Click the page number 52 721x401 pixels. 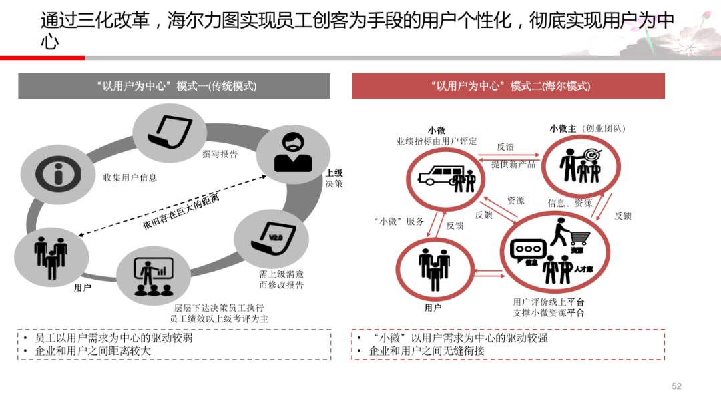[676, 386]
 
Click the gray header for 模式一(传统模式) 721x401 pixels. [174, 86]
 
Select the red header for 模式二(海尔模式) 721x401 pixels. [508, 86]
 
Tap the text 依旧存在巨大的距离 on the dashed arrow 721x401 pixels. [181, 212]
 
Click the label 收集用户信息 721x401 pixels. [130, 178]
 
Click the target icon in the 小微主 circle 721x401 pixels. [590, 155]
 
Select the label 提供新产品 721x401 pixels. [513, 164]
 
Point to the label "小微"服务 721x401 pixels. [399, 222]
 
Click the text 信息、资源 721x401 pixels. [569, 203]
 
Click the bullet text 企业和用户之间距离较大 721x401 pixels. [93, 351]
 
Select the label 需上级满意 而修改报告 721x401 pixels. [281, 280]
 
